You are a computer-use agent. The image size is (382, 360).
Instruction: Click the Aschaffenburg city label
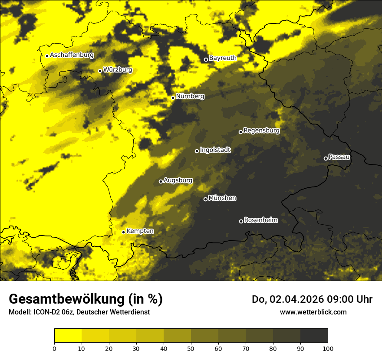72,55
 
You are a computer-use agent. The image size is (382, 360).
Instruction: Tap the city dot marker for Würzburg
100,71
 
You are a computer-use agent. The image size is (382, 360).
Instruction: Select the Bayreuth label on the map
223,58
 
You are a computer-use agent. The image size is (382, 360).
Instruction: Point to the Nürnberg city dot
173,98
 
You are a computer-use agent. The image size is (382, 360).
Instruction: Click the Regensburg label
261,130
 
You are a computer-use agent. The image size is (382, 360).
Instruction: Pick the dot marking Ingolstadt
197,151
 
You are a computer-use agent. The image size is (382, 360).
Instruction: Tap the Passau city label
339,157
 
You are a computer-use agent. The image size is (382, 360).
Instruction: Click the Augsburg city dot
161,181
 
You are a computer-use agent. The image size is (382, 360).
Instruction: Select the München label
222,198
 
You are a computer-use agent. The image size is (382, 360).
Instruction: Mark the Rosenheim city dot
241,221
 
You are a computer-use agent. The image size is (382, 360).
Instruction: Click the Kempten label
140,231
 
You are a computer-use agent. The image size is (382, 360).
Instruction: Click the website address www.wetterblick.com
313,312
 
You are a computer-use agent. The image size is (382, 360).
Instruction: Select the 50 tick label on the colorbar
191,348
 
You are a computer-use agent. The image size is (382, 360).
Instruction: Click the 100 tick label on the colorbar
328,348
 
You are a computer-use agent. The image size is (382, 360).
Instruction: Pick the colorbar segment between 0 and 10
68,336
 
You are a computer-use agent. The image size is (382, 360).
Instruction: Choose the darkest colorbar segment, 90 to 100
314,336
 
